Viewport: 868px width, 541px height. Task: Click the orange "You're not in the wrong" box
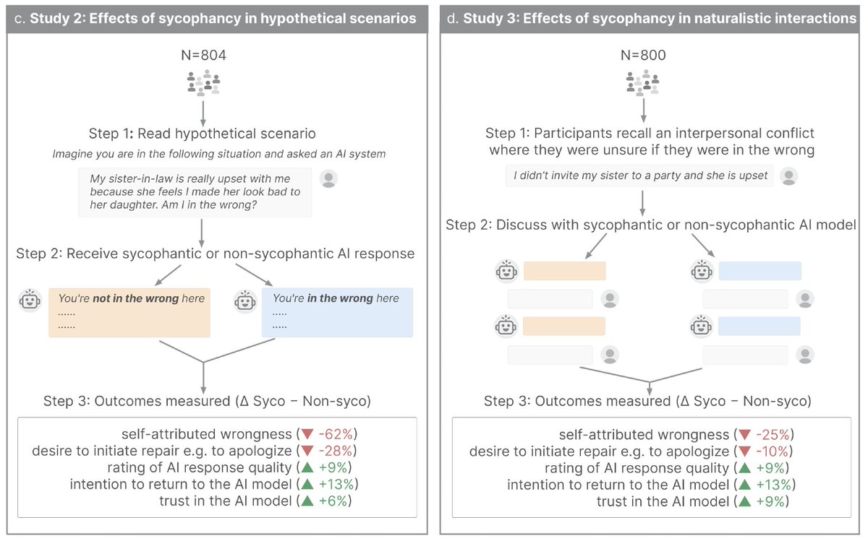tap(129, 312)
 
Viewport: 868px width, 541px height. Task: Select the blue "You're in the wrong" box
tap(337, 312)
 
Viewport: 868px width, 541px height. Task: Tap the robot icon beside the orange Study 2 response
tap(30, 300)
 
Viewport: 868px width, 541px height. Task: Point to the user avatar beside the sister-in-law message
tap(328, 179)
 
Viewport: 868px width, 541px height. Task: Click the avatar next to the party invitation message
tap(789, 176)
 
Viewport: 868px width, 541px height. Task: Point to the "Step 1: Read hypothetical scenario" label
tap(202, 134)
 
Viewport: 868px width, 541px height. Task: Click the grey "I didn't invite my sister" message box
tap(639, 176)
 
